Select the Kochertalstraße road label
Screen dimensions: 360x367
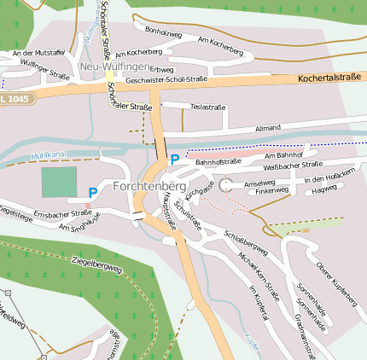click(329, 78)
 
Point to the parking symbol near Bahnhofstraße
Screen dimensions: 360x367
click(175, 159)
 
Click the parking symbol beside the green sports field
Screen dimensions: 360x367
click(92, 194)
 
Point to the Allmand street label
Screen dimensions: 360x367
click(267, 127)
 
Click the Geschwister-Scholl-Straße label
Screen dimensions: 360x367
click(166, 79)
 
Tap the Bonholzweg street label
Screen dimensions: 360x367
click(163, 31)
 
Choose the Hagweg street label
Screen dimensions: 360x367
click(324, 191)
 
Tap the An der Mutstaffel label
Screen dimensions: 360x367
click(38, 53)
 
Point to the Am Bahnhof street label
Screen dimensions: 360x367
click(283, 155)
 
